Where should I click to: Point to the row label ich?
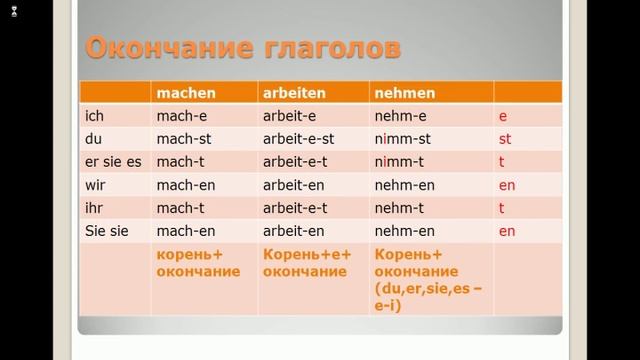(x=95, y=116)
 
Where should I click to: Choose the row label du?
(x=95, y=139)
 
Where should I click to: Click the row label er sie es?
(x=112, y=162)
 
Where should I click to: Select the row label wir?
(x=96, y=185)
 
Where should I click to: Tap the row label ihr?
(x=95, y=208)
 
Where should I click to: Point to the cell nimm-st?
(x=402, y=139)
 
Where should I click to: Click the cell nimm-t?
(x=399, y=162)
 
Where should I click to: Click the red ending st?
(x=505, y=139)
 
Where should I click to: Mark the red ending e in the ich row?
(x=503, y=116)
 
